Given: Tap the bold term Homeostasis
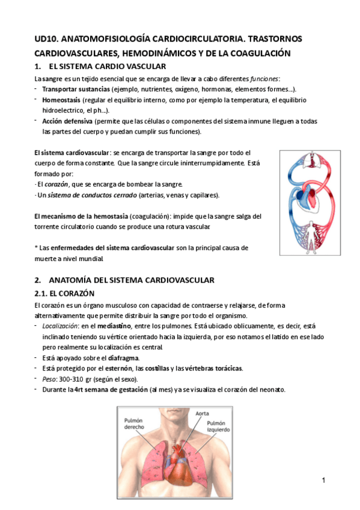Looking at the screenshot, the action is (x=61, y=100).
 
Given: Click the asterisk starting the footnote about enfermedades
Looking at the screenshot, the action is (x=37, y=248).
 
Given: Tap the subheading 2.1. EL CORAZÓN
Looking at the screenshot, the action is (x=65, y=293).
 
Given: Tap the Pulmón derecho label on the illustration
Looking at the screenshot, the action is (x=134, y=423).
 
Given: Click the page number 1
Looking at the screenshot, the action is (x=324, y=480).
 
